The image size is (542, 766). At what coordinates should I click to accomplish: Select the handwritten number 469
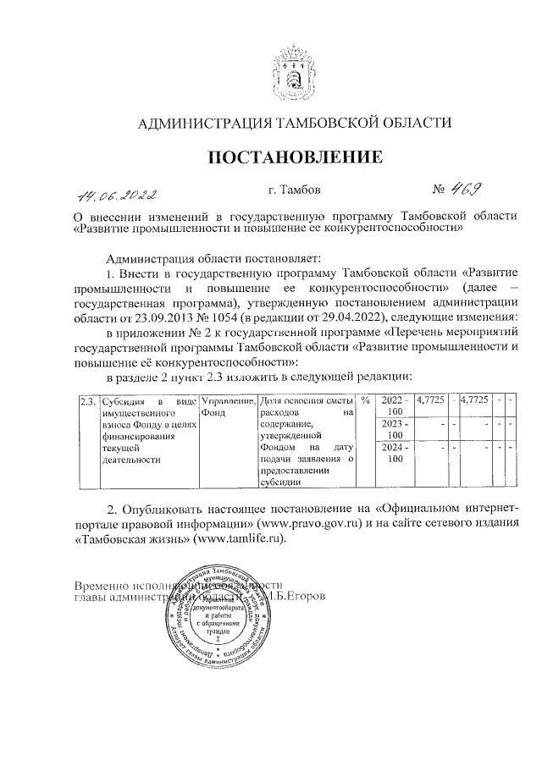point(462,191)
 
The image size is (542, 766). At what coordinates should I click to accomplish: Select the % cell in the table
point(365,400)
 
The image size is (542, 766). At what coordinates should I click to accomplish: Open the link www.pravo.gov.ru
point(304,524)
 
